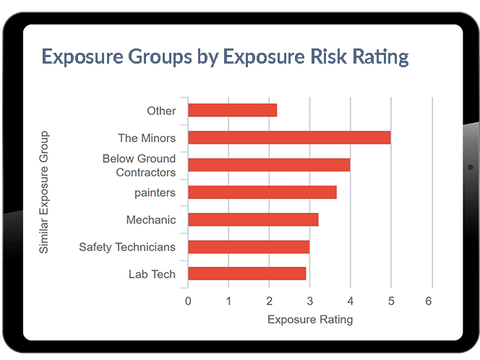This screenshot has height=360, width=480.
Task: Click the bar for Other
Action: point(232,111)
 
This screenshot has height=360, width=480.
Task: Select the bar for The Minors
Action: point(289,137)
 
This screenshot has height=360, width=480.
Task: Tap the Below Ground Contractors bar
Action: point(269,165)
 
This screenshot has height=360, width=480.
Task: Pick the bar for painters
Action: point(262,192)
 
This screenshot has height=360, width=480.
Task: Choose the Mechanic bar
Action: point(253,220)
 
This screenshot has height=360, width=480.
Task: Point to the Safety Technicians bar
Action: point(249,247)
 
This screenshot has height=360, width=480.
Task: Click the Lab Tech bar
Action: point(247,274)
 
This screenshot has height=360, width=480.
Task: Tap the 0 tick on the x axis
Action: point(188,301)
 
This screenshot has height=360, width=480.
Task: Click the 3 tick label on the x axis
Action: point(309,301)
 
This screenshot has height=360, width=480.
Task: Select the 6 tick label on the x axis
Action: point(431,301)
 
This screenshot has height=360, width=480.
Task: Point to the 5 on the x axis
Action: point(390,301)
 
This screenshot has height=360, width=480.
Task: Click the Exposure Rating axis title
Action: point(310,319)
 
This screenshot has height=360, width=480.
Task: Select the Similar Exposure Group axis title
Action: point(44,192)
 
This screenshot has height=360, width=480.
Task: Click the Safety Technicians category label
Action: point(127,247)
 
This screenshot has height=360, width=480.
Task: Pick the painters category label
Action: point(155,192)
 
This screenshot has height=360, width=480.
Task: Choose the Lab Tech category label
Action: point(152,274)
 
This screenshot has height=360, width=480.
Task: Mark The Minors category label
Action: point(147,137)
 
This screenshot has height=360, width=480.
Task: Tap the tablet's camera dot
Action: point(470,167)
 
